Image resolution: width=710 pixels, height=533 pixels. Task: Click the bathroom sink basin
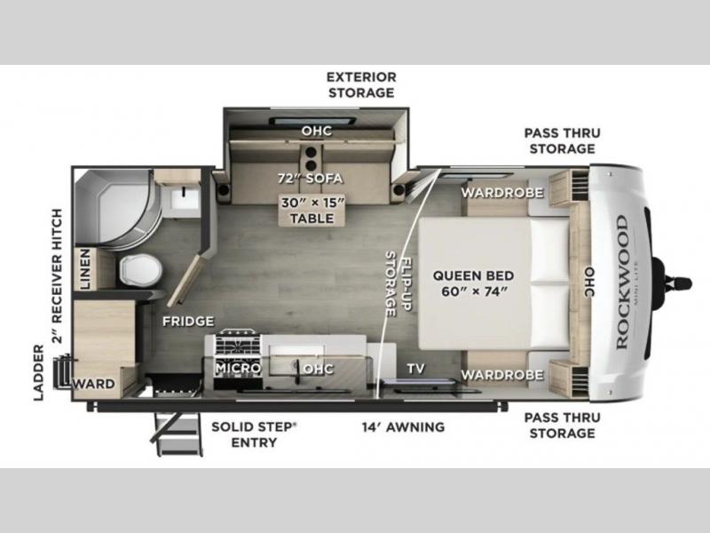pos(185,199)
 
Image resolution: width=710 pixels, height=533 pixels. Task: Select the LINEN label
pos(84,269)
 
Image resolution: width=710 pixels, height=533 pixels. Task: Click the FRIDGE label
pos(188,322)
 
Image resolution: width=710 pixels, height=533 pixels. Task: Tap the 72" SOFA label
pos(310,179)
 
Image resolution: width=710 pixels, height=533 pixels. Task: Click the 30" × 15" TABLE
pos(312,211)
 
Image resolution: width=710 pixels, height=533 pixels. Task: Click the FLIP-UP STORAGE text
pos(398,284)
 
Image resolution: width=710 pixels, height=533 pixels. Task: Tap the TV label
pos(415,369)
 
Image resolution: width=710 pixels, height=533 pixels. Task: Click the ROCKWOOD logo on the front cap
pos(623,282)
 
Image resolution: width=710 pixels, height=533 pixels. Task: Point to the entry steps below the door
pos(177,434)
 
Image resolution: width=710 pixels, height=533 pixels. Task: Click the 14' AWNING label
pos(403,426)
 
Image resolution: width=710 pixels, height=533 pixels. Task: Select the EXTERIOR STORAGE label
pos(361,84)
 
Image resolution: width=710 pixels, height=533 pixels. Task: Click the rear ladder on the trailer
pos(61,371)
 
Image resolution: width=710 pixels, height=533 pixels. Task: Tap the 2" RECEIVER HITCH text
pos(57,275)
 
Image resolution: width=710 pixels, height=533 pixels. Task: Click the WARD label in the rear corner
pos(94,384)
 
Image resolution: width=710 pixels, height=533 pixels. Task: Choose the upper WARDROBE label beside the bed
pos(502,193)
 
